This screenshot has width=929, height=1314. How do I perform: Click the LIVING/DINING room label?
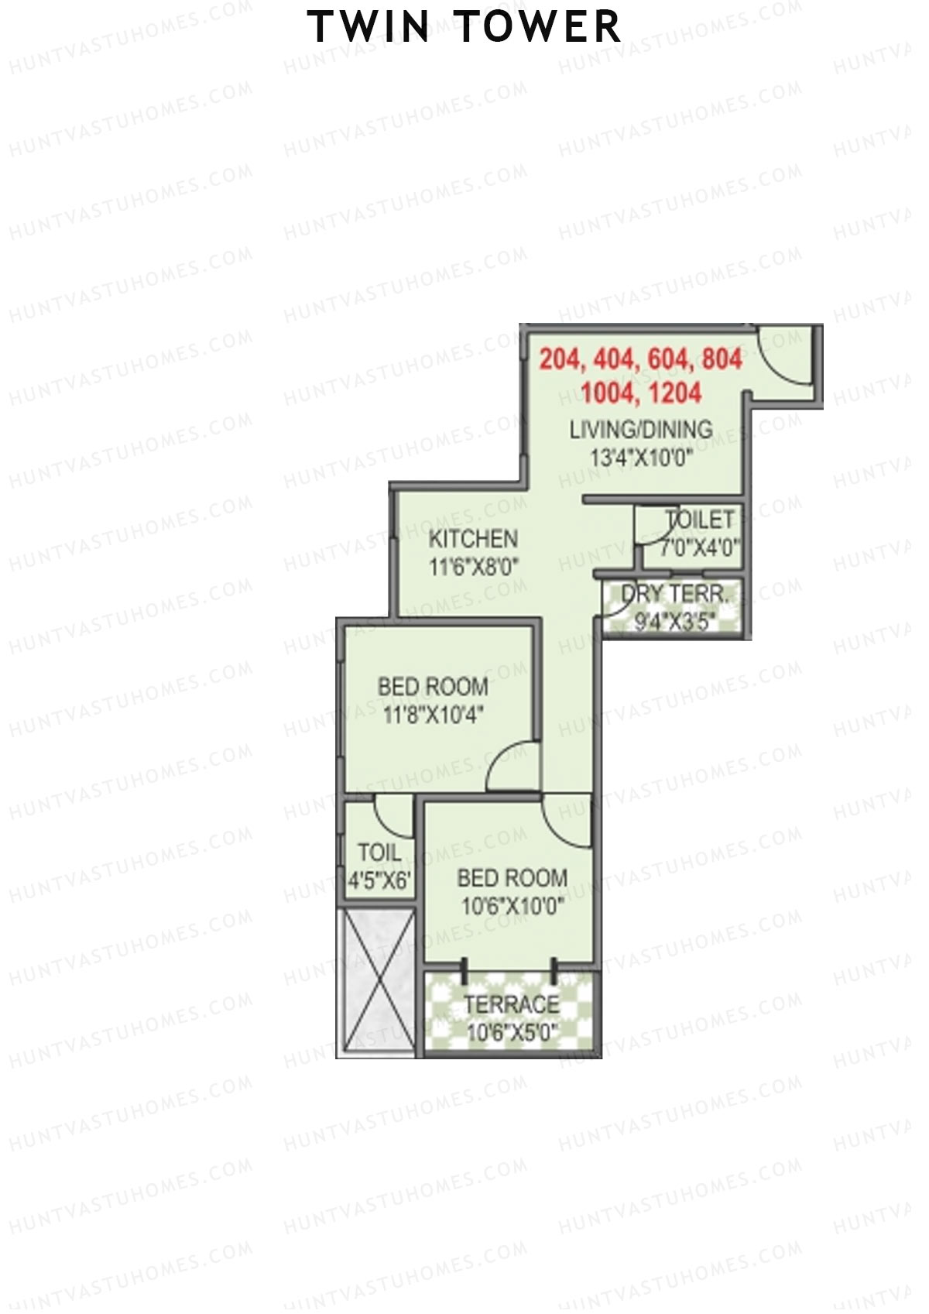click(641, 429)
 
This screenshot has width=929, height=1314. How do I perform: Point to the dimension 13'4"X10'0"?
click(641, 458)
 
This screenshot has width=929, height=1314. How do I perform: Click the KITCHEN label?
click(473, 539)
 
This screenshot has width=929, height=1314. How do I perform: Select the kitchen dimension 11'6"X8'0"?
click(473, 567)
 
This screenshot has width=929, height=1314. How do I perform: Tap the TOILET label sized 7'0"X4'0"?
click(699, 520)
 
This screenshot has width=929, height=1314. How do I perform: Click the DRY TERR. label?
click(674, 595)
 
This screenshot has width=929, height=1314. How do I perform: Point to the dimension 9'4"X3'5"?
click(674, 622)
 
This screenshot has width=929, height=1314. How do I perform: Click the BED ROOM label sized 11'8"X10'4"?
click(433, 686)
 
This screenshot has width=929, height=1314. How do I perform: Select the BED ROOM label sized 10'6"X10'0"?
click(512, 878)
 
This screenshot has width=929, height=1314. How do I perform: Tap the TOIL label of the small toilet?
click(379, 853)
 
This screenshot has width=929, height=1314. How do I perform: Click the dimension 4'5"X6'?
click(379, 881)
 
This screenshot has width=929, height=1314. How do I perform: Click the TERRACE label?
click(512, 1005)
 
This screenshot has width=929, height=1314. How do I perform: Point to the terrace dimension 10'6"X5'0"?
click(512, 1033)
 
